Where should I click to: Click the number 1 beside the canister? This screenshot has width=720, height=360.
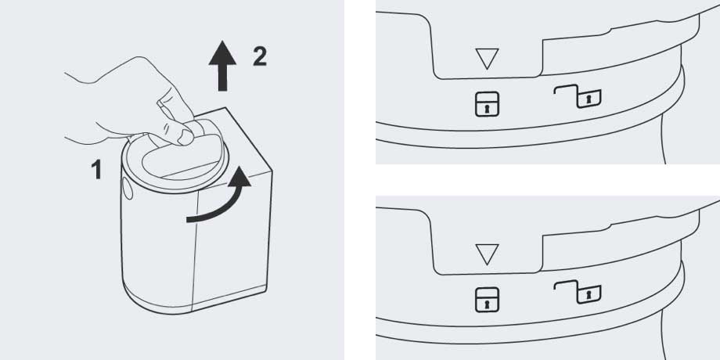click(x=96, y=169)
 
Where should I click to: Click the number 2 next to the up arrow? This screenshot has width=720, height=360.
click(x=260, y=57)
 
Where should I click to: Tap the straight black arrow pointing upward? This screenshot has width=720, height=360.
click(x=222, y=65)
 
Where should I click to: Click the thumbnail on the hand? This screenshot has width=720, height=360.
click(x=185, y=137)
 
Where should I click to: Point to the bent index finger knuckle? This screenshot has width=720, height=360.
click(x=164, y=105)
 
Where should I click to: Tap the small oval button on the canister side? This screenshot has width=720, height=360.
click(x=128, y=189)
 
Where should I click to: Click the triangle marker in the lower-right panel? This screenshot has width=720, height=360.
click(x=488, y=254)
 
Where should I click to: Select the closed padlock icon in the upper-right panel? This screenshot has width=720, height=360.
click(x=488, y=104)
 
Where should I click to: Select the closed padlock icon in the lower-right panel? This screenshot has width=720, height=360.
click(x=488, y=300)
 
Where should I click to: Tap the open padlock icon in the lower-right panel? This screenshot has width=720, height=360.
click(x=578, y=292)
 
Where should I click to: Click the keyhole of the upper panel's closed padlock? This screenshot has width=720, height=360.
click(x=488, y=110)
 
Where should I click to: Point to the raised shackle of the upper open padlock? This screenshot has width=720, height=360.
click(x=566, y=88)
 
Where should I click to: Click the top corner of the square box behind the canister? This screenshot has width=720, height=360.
click(x=225, y=108)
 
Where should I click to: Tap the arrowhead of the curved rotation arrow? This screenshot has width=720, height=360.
click(x=239, y=177)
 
